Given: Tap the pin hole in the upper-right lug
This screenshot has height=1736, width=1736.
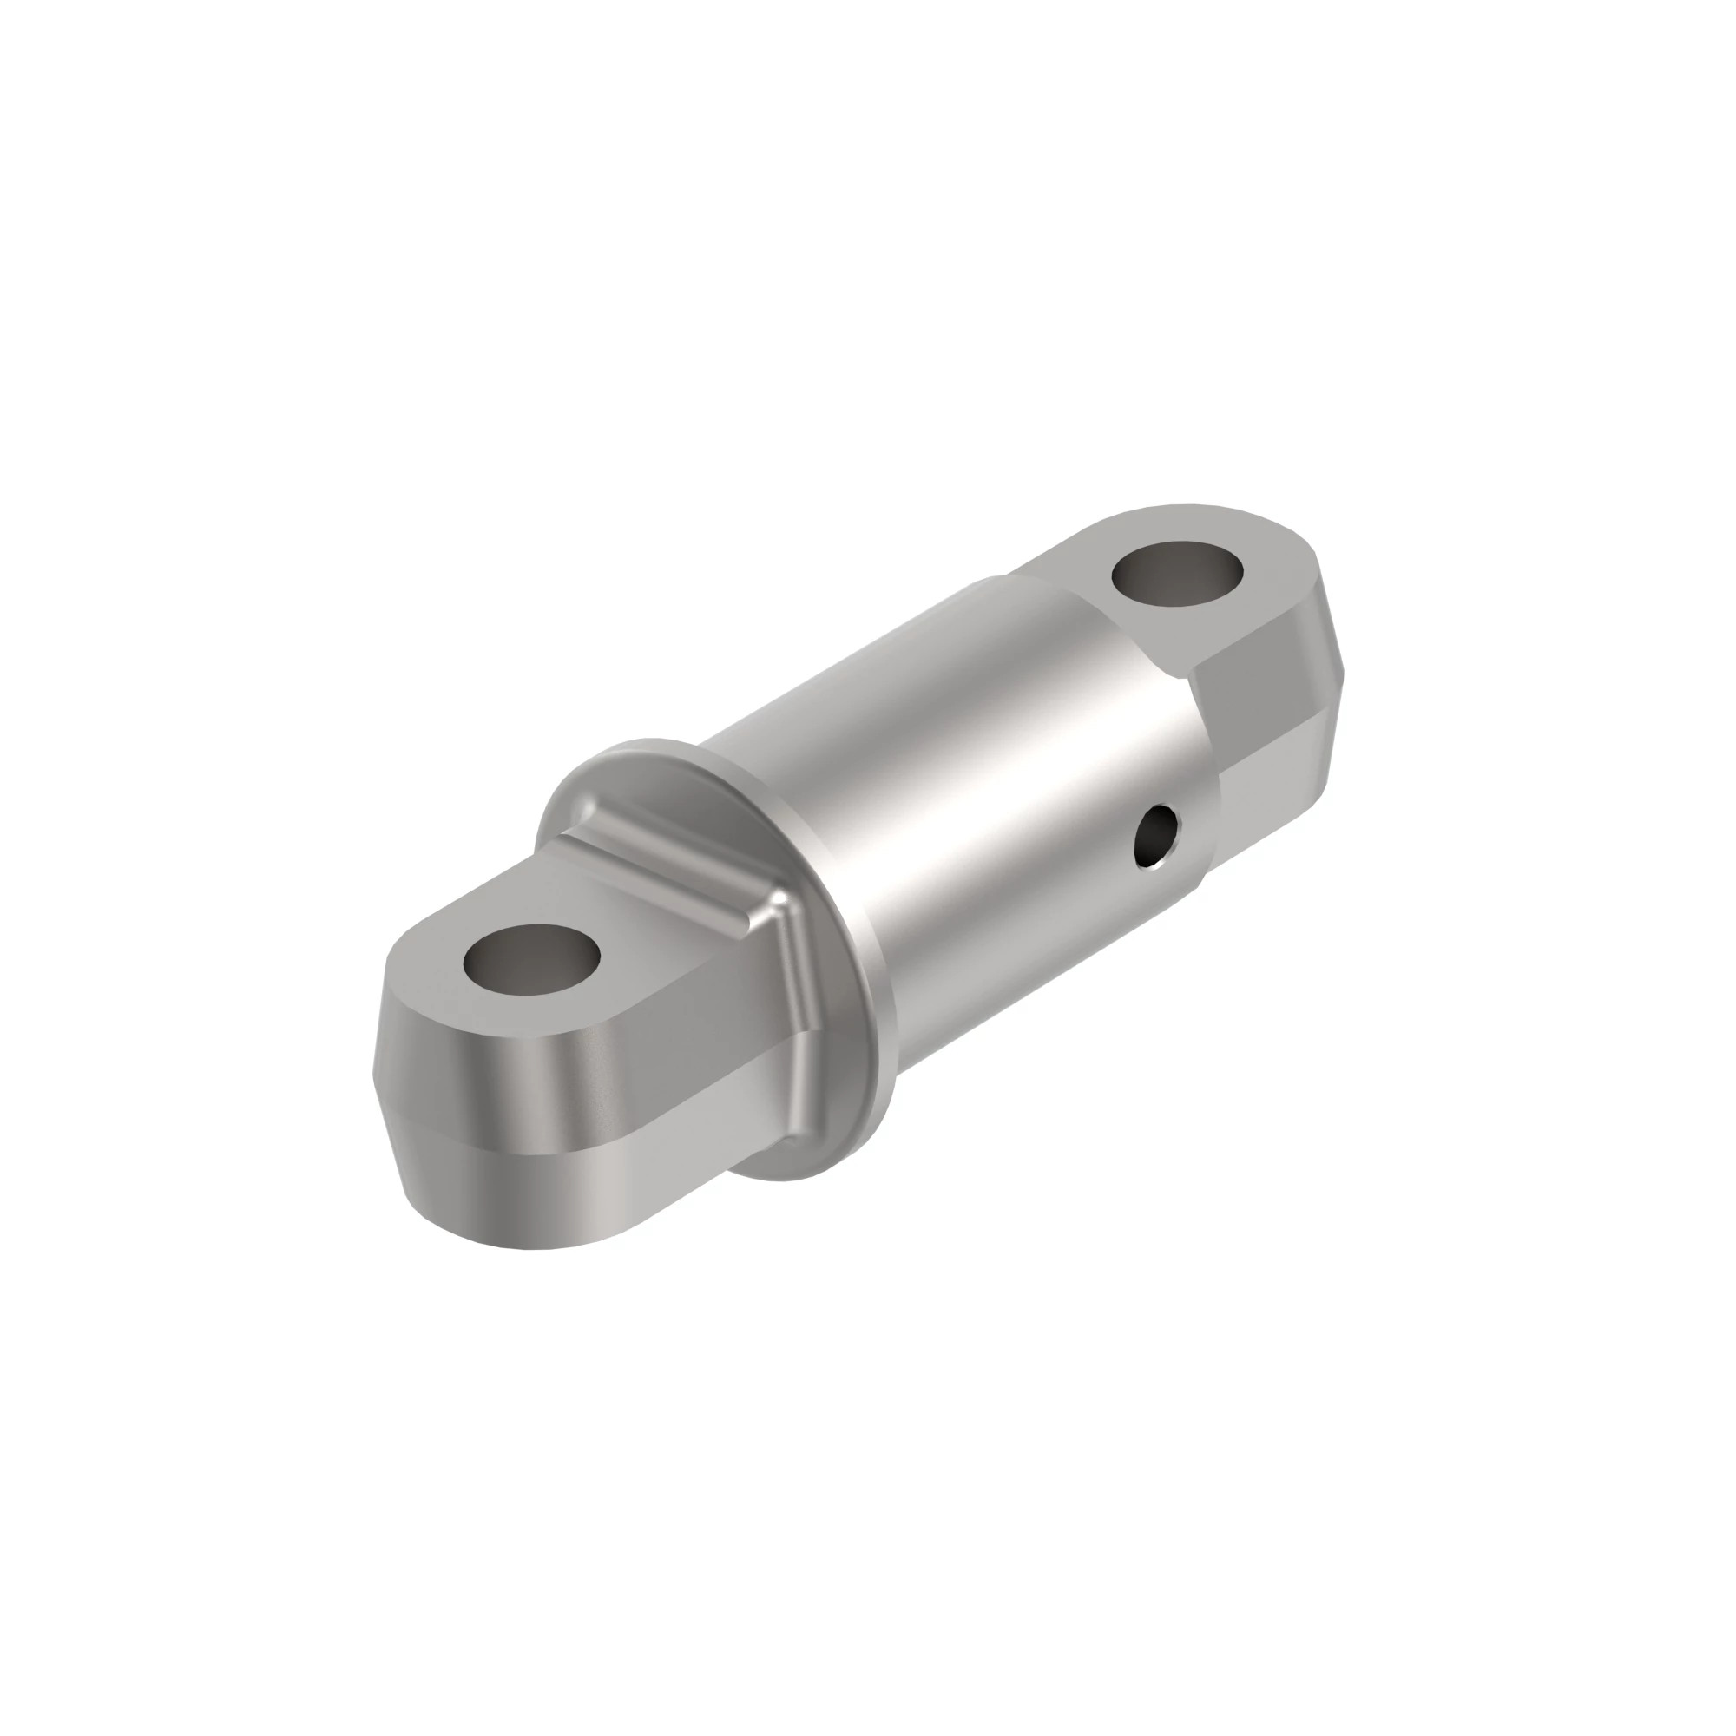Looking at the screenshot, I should (1178, 575).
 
